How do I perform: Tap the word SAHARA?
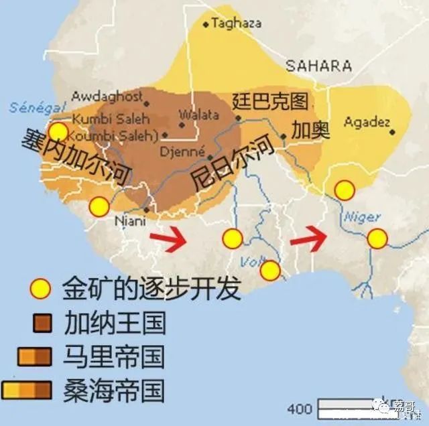click(318, 66)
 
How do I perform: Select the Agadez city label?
click(367, 122)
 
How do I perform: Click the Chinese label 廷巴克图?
click(270, 101)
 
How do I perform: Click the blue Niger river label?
click(362, 217)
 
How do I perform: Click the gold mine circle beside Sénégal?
click(58, 131)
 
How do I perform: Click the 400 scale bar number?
click(299, 408)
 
